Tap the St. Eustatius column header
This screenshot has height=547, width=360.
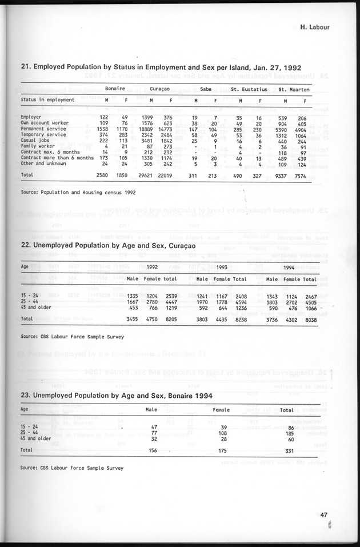pyautogui.click(x=249, y=89)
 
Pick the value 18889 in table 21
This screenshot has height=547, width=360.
pyautogui.click(x=133, y=129)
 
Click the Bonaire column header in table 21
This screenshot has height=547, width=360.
pyautogui.click(x=115, y=89)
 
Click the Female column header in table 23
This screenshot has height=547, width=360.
pyautogui.click(x=221, y=409)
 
